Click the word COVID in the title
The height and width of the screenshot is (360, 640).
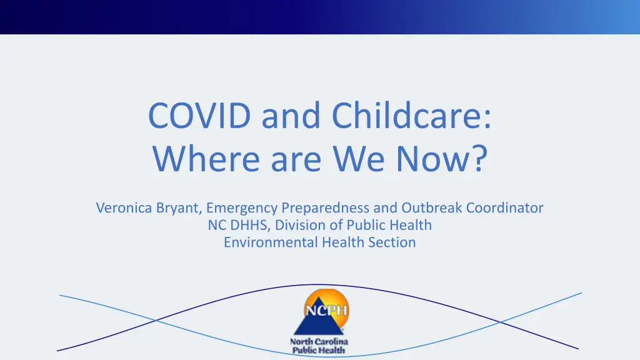point(199,116)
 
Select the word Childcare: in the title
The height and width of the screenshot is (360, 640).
point(411,115)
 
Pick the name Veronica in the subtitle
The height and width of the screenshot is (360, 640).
point(124,207)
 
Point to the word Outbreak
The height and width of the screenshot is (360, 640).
point(432,207)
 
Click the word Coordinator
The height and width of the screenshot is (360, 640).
point(505,207)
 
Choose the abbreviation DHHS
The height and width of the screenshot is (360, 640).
point(250,225)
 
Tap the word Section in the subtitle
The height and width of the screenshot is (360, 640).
point(392,242)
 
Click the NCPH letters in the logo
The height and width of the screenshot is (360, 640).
point(326,311)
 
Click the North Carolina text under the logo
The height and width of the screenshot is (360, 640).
point(319,341)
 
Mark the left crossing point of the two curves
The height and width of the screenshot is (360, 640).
point(156,321)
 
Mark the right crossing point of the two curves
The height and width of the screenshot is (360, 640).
point(500,322)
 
